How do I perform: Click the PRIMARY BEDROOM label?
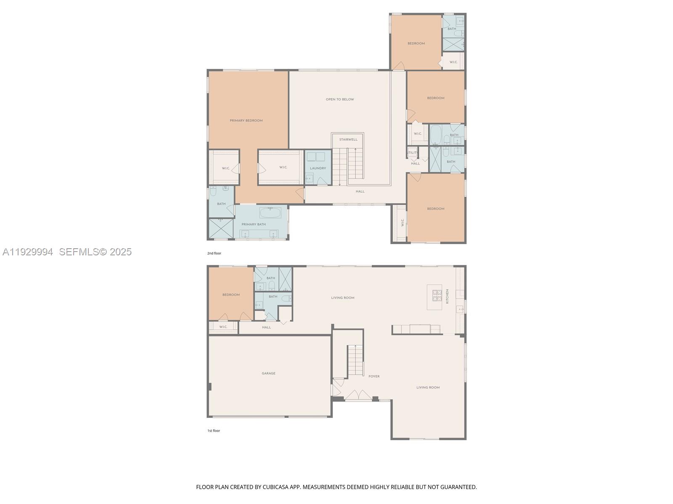coord(246,121)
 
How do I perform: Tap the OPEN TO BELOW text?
coord(340,100)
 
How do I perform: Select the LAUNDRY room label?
coord(318,168)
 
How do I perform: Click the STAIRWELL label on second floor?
coord(348,139)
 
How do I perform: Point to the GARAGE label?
coord(268,373)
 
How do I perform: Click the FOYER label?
coord(374,376)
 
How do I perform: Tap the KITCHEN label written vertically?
coord(448,296)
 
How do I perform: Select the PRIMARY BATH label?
coord(254,224)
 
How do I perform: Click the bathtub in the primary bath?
coord(270,213)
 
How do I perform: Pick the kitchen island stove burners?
coord(437,296)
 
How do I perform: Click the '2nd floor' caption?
coord(214,253)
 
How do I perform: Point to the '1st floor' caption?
coord(214,430)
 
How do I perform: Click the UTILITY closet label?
coord(412,153)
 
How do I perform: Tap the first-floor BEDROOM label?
coord(231,295)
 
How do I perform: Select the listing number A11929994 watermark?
coord(28,252)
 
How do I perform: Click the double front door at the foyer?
coord(358,396)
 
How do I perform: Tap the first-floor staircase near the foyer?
coord(355,360)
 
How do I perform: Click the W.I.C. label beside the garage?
coord(223,327)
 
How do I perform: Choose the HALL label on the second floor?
coord(360,192)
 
